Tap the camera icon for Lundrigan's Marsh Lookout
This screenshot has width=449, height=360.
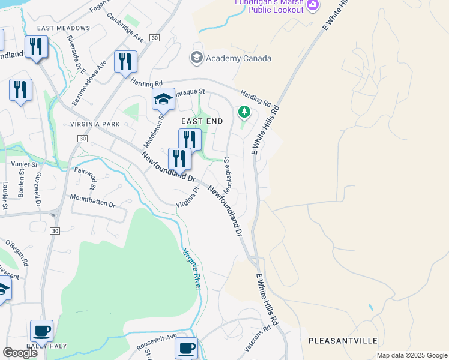pyautogui.click(x=312, y=5)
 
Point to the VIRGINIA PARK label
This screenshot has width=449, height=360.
pyautogui.click(x=95, y=124)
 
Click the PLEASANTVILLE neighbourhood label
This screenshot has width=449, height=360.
pyautogui.click(x=343, y=341)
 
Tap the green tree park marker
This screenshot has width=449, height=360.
pyautogui.click(x=244, y=112)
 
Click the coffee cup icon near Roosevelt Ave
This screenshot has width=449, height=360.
pyautogui.click(x=186, y=347)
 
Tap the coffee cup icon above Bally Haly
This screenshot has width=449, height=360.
pyautogui.click(x=41, y=331)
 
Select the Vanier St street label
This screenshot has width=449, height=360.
pyautogui.click(x=25, y=163)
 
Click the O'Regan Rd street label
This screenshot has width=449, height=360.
pyautogui.click(x=17, y=254)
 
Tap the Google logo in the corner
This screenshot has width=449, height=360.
pyautogui.click(x=19, y=352)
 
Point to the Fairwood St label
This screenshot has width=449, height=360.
pyautogui.click(x=85, y=174)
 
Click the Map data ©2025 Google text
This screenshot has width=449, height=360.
pyautogui.click(x=411, y=355)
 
